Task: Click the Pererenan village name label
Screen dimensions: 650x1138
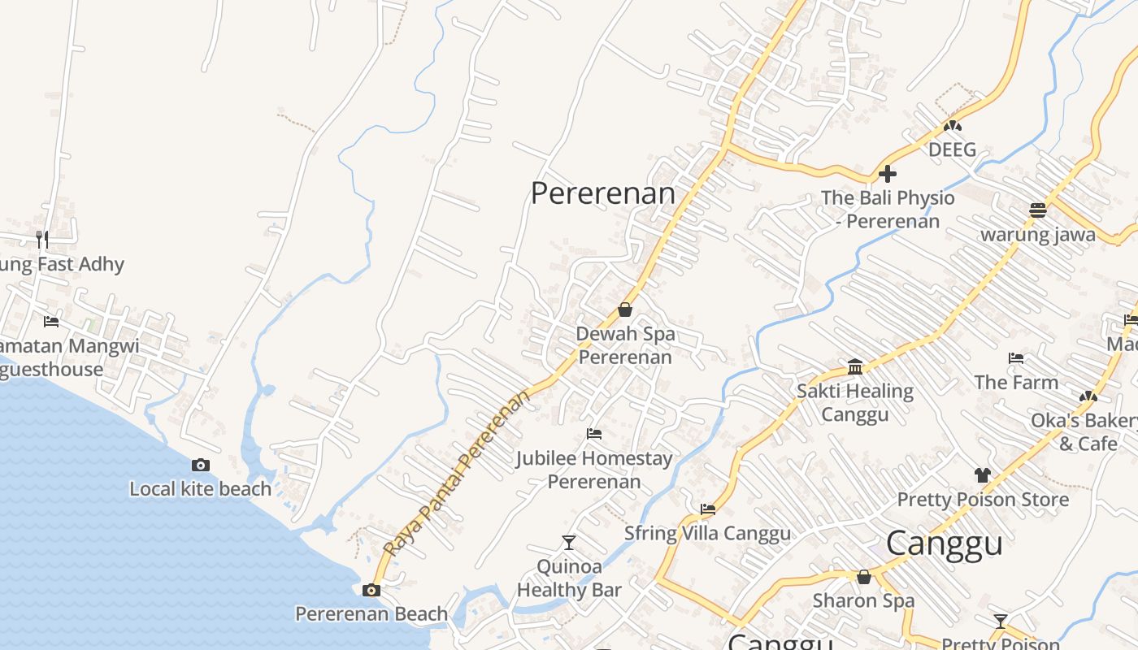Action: point(602,194)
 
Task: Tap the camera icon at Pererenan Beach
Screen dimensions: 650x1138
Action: point(371,590)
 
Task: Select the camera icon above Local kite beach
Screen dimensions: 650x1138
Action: point(200,466)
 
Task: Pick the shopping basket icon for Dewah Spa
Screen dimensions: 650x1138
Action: point(625,310)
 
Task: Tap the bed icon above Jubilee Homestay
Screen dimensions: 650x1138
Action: point(594,434)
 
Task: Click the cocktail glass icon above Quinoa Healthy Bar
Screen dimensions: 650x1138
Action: point(569,542)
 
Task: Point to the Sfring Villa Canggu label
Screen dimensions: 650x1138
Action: point(707,534)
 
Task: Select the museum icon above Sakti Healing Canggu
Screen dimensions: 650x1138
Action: point(855,367)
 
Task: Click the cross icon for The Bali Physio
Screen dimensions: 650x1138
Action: point(888,174)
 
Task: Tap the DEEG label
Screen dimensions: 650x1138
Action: point(952,150)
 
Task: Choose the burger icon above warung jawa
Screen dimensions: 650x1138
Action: point(1037,210)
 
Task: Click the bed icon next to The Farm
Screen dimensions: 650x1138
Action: point(1015,358)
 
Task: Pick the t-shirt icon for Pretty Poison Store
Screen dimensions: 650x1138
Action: point(983,475)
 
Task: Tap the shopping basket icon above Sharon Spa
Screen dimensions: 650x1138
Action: point(864,577)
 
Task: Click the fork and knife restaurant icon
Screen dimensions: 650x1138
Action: point(42,239)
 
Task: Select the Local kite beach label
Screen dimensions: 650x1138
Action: point(201,489)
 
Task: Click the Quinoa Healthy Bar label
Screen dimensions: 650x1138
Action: point(569,578)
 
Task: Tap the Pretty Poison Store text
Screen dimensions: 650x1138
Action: point(983,500)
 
